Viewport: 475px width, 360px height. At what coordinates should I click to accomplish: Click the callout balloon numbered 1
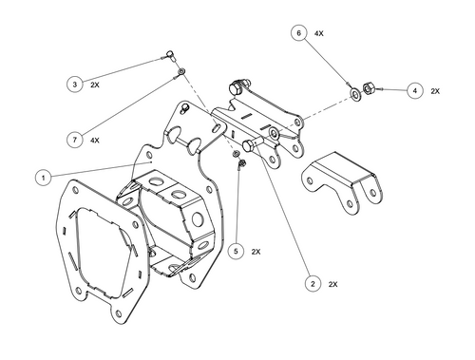(41, 177)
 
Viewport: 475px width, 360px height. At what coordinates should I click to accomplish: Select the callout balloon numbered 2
(311, 283)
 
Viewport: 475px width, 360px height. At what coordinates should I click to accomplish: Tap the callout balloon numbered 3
(74, 85)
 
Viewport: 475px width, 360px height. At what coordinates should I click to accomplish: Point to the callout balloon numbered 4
(414, 90)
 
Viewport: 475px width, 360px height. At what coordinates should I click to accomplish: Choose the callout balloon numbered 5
(236, 252)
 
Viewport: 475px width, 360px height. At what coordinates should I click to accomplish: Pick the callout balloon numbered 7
(73, 140)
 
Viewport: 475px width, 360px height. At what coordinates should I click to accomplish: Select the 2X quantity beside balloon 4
(435, 91)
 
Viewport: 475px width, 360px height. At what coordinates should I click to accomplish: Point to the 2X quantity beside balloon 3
(95, 85)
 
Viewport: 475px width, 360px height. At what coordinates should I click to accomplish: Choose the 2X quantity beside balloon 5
(256, 252)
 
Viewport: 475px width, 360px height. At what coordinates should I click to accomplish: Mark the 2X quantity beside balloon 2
(332, 283)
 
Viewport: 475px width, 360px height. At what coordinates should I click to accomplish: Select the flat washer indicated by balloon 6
(354, 92)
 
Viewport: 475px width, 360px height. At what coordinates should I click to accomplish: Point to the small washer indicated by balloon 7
(180, 71)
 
